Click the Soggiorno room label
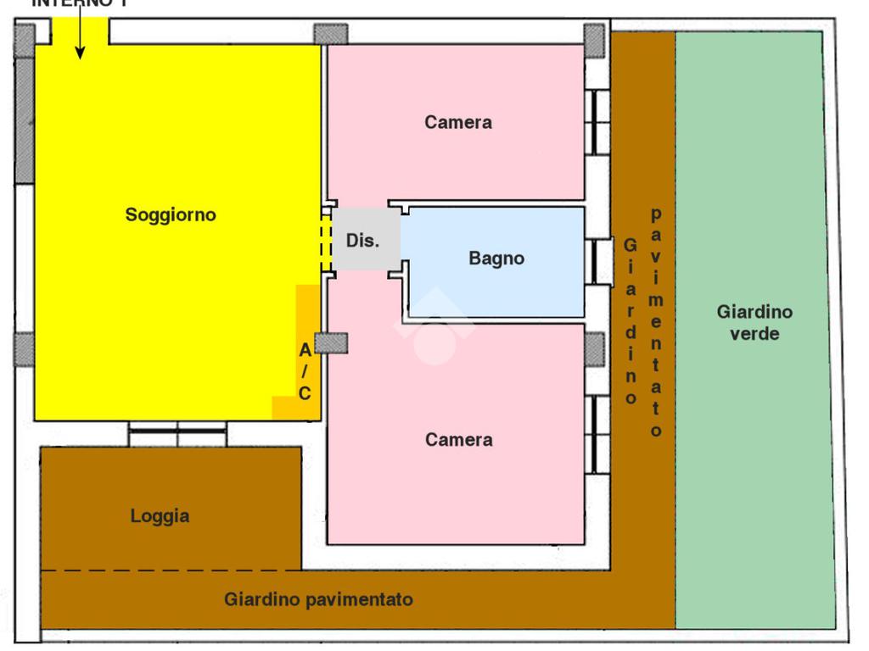point(171,215)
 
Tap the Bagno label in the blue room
point(496,259)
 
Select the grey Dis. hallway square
point(364,239)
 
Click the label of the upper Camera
point(458,123)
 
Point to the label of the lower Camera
point(458,440)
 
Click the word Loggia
point(160,515)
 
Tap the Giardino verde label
point(754,322)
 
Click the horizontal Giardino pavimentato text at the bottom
point(318,600)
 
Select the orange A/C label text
point(305,371)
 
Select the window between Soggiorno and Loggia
point(177,434)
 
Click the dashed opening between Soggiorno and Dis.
point(326,242)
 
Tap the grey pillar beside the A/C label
point(331,343)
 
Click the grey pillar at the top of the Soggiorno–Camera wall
point(331,34)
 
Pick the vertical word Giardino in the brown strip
point(630,321)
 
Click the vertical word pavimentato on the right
point(656,323)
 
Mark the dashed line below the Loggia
point(170,570)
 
